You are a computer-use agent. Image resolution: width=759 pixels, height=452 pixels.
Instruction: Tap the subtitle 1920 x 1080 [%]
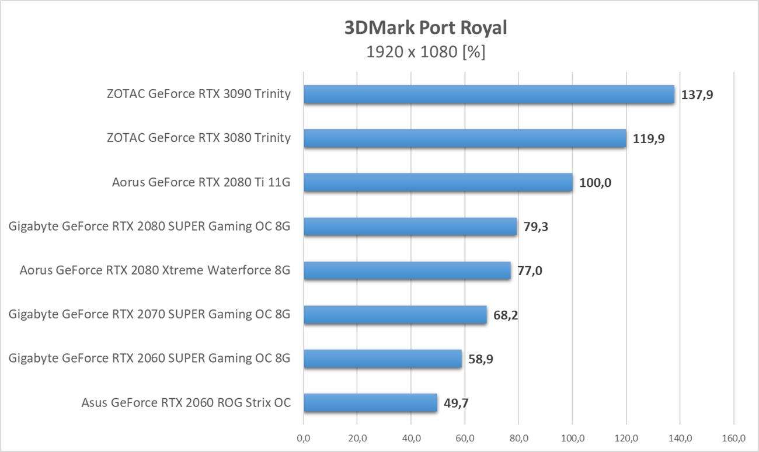click(x=426, y=52)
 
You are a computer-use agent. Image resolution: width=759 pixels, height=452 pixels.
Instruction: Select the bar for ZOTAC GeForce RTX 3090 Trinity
click(x=489, y=95)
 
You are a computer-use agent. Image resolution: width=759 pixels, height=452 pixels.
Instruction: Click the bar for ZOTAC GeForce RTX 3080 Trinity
click(x=465, y=138)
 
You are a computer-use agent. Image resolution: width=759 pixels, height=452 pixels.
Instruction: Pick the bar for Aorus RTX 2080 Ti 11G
click(x=438, y=182)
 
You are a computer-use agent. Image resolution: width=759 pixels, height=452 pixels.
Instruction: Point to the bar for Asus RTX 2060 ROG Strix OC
click(x=370, y=402)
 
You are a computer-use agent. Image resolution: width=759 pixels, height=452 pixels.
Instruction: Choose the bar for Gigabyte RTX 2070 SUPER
click(x=395, y=315)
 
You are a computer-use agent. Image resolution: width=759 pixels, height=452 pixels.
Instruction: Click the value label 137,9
click(x=697, y=95)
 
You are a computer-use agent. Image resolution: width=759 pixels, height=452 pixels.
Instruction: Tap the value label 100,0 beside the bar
click(x=595, y=183)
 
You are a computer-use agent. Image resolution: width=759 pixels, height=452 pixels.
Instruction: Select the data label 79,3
click(x=535, y=227)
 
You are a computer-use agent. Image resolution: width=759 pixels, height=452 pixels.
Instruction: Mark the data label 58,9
click(x=481, y=359)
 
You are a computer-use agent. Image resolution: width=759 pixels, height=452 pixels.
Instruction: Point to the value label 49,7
click(x=455, y=403)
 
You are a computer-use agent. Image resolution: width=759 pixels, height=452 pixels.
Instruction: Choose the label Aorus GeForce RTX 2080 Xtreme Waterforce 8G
click(x=155, y=270)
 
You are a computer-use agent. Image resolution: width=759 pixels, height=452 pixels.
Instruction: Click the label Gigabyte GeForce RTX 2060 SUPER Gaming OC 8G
click(x=149, y=358)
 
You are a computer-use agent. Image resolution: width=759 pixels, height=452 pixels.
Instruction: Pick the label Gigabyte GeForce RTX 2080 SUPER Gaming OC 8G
click(x=149, y=227)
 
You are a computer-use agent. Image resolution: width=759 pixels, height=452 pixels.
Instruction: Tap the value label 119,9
click(x=649, y=139)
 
